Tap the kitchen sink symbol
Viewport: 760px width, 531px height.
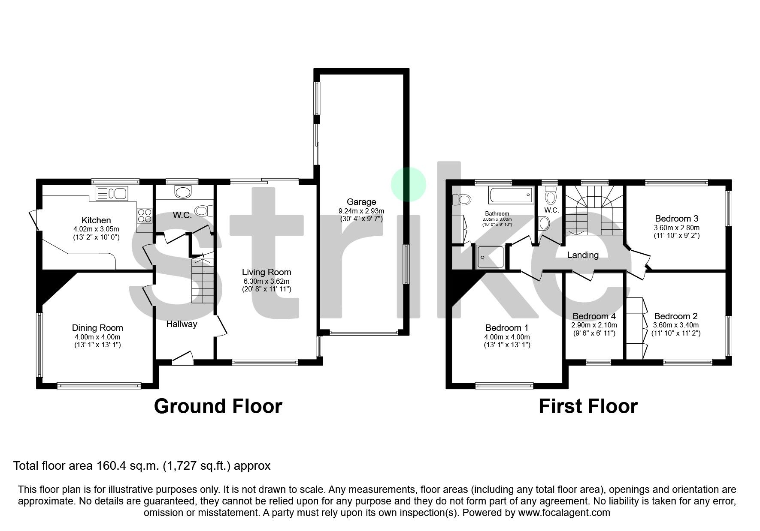pyautogui.click(x=112, y=194)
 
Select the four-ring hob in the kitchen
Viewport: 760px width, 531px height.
pyautogui.click(x=145, y=215)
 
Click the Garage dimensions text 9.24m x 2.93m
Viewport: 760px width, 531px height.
pyautogui.click(x=361, y=211)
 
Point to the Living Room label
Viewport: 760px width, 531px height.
pyautogui.click(x=266, y=272)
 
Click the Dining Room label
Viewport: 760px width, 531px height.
pyautogui.click(x=97, y=328)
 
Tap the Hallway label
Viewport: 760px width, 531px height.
pyautogui.click(x=182, y=324)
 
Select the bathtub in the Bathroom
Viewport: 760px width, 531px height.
pyautogui.click(x=510, y=195)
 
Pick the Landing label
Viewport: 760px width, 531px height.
pyautogui.click(x=582, y=255)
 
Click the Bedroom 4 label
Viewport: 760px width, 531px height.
pyautogui.click(x=594, y=316)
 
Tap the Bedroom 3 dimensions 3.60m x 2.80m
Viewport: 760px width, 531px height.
pyautogui.click(x=676, y=228)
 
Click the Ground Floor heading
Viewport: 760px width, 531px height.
pyautogui.click(x=218, y=406)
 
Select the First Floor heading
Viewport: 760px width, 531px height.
pyautogui.click(x=588, y=406)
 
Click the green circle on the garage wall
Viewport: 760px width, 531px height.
pyautogui.click(x=408, y=184)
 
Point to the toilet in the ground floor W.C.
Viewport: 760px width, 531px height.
pyautogui.click(x=203, y=210)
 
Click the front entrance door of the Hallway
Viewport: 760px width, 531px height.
pyautogui.click(x=183, y=358)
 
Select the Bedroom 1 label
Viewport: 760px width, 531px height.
pyautogui.click(x=507, y=328)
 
